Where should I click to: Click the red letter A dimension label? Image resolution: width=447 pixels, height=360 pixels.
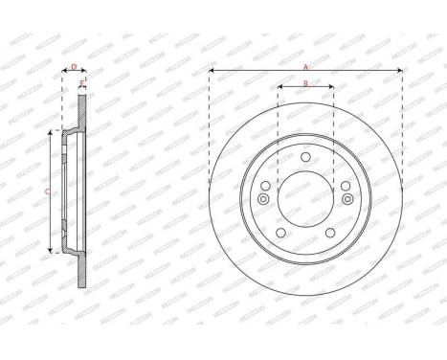[x=304, y=66]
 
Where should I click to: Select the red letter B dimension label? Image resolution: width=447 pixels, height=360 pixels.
[x=304, y=83]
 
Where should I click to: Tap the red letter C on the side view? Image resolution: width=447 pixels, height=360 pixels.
[x=48, y=191]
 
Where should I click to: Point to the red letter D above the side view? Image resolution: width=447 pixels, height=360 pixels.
[x=74, y=67]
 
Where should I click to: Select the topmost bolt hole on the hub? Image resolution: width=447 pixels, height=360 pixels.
[x=304, y=158]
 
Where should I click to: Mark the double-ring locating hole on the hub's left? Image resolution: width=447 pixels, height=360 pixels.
[x=262, y=199]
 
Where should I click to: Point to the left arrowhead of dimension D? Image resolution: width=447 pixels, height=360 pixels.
[x=64, y=73]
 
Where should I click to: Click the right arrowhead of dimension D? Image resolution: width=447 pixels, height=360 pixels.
[x=83, y=73]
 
